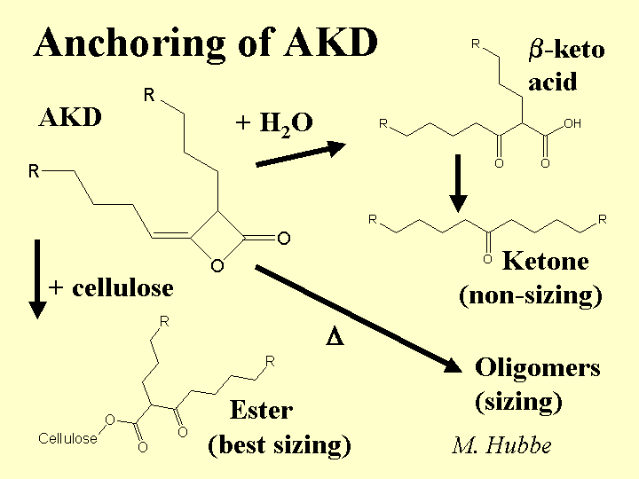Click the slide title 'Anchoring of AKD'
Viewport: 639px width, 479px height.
[x=206, y=42]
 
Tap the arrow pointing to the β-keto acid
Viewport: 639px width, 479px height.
[x=298, y=153]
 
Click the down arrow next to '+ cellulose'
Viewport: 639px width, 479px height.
[x=36, y=276]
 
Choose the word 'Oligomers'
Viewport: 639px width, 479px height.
[x=538, y=367]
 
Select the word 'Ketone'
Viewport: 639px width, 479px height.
[x=545, y=261]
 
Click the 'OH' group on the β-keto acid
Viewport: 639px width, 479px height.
[x=572, y=124]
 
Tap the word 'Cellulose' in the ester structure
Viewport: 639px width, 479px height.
[x=67, y=438]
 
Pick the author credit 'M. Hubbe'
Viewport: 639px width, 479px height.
[x=501, y=444]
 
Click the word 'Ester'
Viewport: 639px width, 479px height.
[x=261, y=410]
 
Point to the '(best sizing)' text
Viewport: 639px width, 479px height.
[x=279, y=444]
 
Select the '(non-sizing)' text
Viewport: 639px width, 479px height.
[x=531, y=295]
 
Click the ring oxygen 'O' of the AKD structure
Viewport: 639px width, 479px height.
[x=217, y=266]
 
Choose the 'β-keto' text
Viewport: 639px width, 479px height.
[x=566, y=50]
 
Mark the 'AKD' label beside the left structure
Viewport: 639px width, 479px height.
[x=71, y=118]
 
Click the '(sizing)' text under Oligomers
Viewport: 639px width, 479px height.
[x=519, y=402]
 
